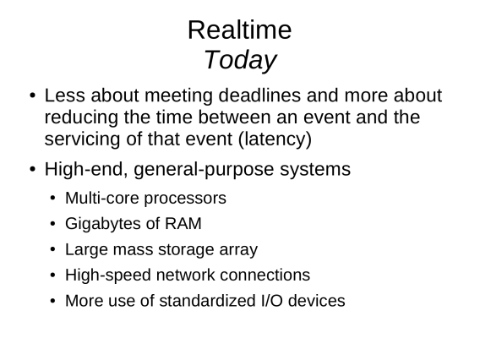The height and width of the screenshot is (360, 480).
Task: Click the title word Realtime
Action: coord(240,30)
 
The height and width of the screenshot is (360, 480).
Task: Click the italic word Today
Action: coord(240,61)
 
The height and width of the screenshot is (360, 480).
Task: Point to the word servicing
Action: coord(82,139)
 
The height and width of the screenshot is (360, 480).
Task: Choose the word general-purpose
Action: coord(204,170)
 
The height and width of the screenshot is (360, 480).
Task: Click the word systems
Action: coord(315,170)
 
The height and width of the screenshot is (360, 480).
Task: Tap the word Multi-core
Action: coord(102,198)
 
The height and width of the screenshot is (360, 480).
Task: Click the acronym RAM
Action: coord(183,223)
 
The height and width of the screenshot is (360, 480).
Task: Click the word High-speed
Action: coord(108,275)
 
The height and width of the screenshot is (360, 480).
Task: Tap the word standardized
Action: coord(207,301)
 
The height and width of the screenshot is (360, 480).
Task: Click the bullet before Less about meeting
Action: coord(33,95)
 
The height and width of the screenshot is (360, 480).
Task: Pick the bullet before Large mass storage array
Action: coord(53,249)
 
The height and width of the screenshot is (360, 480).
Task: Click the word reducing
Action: coord(81,117)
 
